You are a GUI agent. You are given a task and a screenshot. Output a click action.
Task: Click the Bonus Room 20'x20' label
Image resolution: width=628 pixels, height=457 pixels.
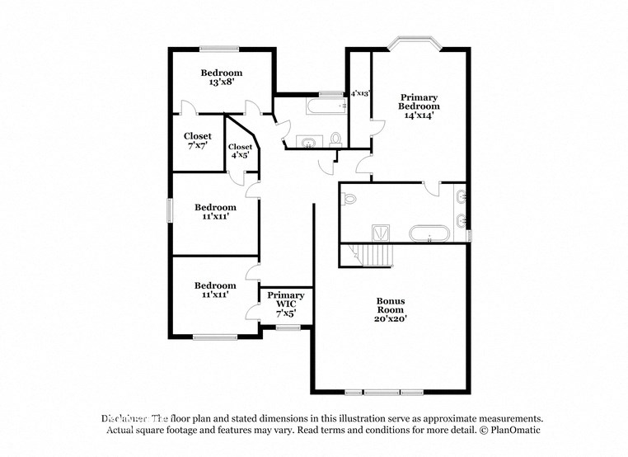pyautogui.click(x=391, y=309)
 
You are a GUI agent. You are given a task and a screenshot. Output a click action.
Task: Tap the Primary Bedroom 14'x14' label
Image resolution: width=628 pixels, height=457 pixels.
pyautogui.click(x=419, y=106)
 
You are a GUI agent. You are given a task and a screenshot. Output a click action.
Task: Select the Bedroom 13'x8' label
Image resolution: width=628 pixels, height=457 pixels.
pyautogui.click(x=222, y=78)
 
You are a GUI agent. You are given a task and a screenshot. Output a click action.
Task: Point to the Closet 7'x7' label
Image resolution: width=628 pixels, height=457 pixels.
pyautogui.click(x=197, y=140)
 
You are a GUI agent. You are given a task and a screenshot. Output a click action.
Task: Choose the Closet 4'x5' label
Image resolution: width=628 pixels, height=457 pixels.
pyautogui.click(x=240, y=151)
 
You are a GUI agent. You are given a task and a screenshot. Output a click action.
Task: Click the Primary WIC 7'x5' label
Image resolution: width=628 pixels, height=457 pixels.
pyautogui.click(x=286, y=304)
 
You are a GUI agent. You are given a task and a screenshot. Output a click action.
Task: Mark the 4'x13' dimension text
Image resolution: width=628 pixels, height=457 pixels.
pyautogui.click(x=361, y=94)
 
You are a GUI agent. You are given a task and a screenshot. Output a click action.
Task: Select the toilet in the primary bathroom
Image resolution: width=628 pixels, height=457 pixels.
pyautogui.click(x=349, y=198)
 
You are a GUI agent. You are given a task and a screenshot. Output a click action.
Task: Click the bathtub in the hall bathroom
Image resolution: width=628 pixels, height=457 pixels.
pyautogui.click(x=326, y=107)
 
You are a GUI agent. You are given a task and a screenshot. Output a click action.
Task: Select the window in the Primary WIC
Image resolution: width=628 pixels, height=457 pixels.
pyautogui.click(x=288, y=328)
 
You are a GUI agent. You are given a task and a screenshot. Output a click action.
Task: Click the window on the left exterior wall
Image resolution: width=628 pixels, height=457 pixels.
pyautogui.click(x=171, y=210)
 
